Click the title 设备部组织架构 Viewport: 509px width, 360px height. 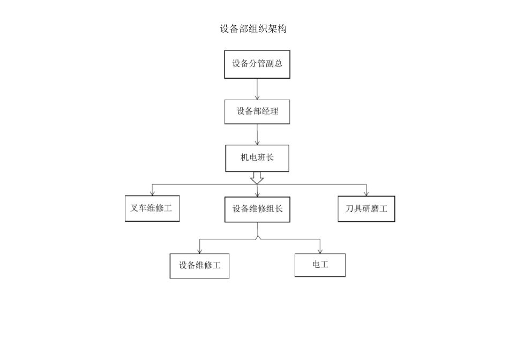(x=253, y=29)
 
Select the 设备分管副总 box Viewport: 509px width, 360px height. (x=257, y=64)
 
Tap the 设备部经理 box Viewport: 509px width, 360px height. (x=257, y=112)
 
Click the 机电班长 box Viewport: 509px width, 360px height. (x=257, y=158)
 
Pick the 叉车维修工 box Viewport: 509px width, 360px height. (x=152, y=209)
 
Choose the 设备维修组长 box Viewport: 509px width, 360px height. (x=257, y=209)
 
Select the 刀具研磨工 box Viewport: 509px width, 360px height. (x=366, y=209)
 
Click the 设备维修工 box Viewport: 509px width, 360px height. (x=199, y=266)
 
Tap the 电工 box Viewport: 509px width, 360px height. (x=320, y=265)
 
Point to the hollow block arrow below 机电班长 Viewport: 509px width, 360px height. (x=257, y=178)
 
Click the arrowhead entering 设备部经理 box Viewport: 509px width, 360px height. (x=257, y=97)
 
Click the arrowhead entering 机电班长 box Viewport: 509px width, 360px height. (x=257, y=142)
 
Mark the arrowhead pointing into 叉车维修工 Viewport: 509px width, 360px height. (x=152, y=193)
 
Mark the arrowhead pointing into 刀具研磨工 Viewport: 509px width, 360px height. (x=366, y=193)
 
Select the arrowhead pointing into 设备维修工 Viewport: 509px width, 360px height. (x=199, y=251)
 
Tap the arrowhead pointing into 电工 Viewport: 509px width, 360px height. (x=320, y=251)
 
